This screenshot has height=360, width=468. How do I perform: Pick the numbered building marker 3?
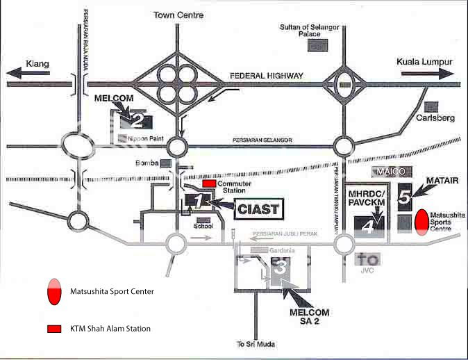coord(281,266)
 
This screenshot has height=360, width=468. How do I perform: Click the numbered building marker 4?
coord(369,225)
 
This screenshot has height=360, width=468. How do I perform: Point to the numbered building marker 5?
coord(406,197)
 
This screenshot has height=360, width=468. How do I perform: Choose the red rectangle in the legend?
coord(52,328)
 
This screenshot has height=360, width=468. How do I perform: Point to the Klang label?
coord(37,64)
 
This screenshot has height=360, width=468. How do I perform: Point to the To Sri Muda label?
coord(251,344)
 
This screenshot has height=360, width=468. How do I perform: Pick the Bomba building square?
coord(166,164)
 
